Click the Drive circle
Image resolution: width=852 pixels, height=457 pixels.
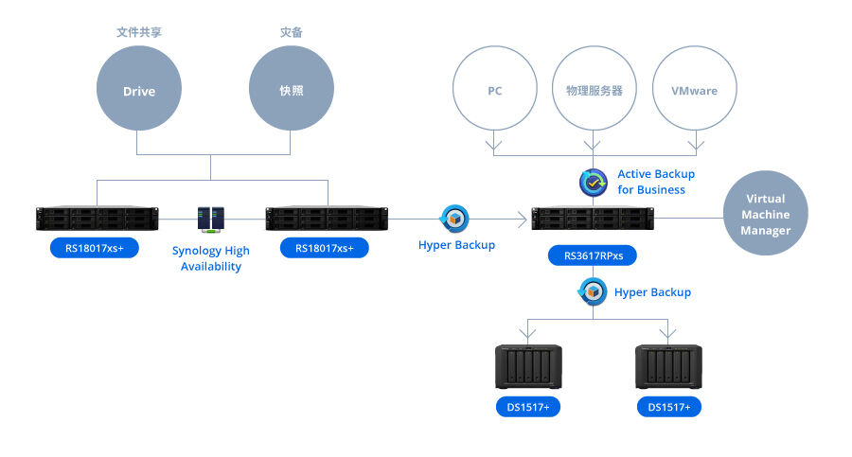(139, 91)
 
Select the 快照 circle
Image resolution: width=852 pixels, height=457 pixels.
(291, 91)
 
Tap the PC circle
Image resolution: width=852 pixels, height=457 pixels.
(494, 91)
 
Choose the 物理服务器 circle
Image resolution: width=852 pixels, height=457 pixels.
(594, 91)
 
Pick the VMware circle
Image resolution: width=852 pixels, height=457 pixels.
(694, 91)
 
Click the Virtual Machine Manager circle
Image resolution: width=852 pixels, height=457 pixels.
(765, 215)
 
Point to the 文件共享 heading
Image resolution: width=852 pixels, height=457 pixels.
(139, 32)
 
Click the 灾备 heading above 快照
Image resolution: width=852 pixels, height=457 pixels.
(291, 32)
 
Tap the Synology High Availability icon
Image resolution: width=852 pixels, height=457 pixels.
(210, 220)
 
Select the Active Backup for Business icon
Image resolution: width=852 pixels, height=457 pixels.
(594, 182)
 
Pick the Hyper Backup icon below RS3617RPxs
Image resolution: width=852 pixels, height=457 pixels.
(594, 292)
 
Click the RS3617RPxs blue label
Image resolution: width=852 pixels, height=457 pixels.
(594, 255)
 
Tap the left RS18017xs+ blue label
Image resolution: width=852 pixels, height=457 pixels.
(95, 248)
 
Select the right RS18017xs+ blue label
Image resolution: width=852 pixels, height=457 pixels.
(325, 248)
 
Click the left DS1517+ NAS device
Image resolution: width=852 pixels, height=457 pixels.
(528, 368)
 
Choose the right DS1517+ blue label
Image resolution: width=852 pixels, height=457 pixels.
(669, 407)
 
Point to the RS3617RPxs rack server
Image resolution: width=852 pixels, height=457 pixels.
(593, 220)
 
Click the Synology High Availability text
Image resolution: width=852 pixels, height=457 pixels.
(210, 258)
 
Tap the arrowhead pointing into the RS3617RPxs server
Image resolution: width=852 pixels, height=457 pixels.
(523, 220)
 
